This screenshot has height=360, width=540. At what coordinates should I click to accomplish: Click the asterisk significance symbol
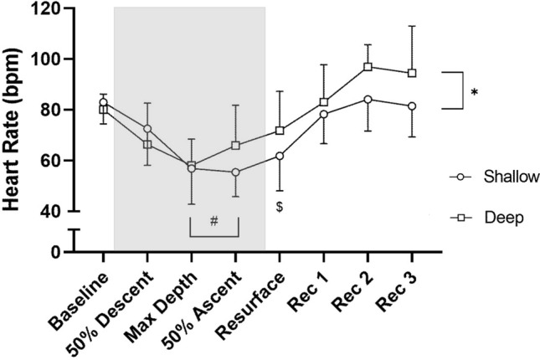475,93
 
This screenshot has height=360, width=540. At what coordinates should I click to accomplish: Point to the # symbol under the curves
214,221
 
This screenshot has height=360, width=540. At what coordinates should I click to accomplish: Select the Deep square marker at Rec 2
368,67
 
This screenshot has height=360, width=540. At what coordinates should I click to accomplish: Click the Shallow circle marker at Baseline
103,103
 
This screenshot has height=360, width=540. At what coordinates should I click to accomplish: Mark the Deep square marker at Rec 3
412,73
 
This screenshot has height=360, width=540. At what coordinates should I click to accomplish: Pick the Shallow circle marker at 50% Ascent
236,172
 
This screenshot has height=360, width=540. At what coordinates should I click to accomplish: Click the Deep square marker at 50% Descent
147,144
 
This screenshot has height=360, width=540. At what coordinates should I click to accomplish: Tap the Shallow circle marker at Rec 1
323,114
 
